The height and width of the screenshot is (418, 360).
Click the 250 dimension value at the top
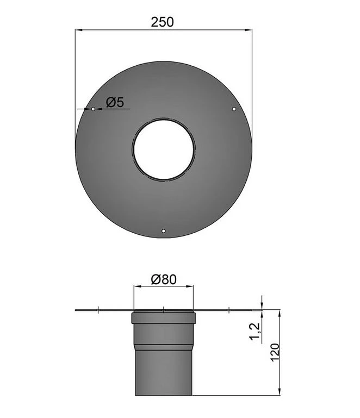pos(162,22)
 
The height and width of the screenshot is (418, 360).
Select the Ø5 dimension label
pos(115,102)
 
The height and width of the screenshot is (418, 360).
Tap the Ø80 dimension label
pos(163,279)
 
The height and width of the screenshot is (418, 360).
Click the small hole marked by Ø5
pos(93,109)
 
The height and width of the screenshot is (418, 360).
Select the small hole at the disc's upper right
pos(234,109)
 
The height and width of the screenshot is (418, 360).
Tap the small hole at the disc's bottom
pos(164,232)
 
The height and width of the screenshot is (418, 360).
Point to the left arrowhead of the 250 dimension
pos(78,31)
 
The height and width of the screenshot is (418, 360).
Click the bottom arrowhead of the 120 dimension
pos(279,392)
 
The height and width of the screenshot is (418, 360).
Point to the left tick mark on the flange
pos(97,310)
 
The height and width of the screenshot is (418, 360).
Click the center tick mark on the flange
pos(164,310)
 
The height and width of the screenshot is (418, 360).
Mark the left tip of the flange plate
pos(76,310)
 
